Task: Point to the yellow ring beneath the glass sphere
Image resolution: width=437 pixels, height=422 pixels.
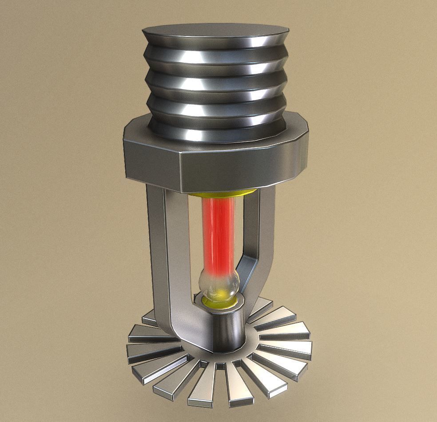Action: [219, 302]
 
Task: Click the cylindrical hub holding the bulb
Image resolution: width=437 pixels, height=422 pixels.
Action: [226, 329]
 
